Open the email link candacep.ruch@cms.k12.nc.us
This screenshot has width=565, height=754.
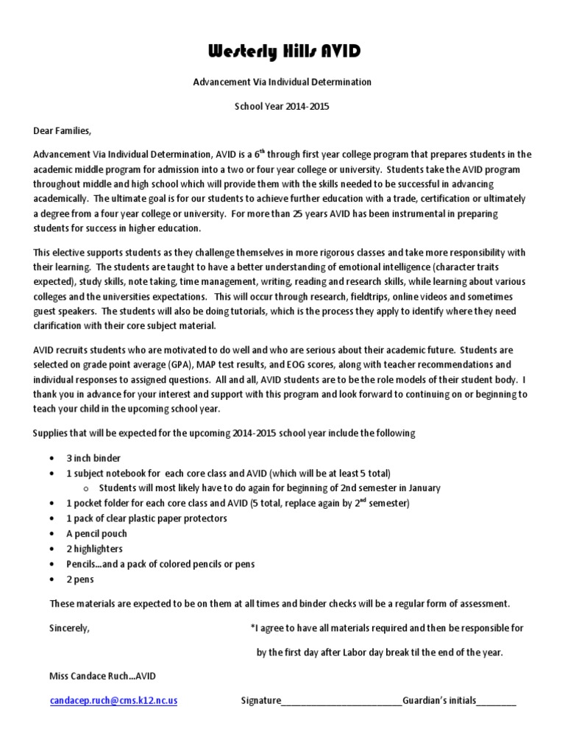click(x=113, y=701)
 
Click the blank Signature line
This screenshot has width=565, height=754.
click(x=341, y=702)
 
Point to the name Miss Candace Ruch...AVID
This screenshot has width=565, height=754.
click(x=102, y=676)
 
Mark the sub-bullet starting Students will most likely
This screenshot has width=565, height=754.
click(x=269, y=487)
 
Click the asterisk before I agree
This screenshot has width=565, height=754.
click(x=252, y=628)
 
